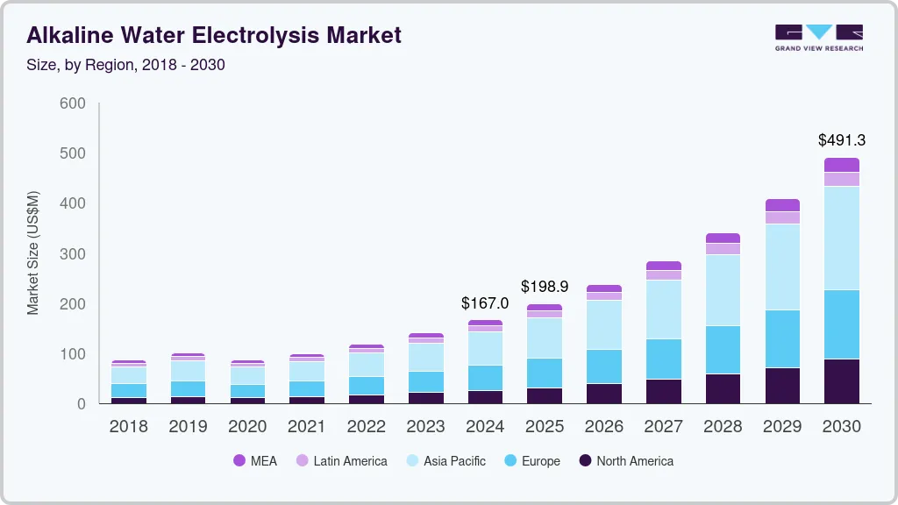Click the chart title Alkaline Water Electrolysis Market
click(214, 35)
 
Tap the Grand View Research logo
click(818, 37)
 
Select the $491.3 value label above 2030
click(842, 140)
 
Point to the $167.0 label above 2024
click(485, 303)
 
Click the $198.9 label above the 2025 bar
click(545, 287)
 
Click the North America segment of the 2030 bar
click(842, 381)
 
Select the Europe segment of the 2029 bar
click(782, 338)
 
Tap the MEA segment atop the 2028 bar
click(723, 238)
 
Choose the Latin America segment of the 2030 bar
click(842, 179)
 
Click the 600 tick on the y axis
click(73, 103)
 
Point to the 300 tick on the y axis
click(73, 254)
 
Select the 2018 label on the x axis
click(128, 427)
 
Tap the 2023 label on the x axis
click(425, 427)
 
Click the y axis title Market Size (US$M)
click(33, 252)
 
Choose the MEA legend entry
click(255, 461)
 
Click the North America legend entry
click(625, 461)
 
